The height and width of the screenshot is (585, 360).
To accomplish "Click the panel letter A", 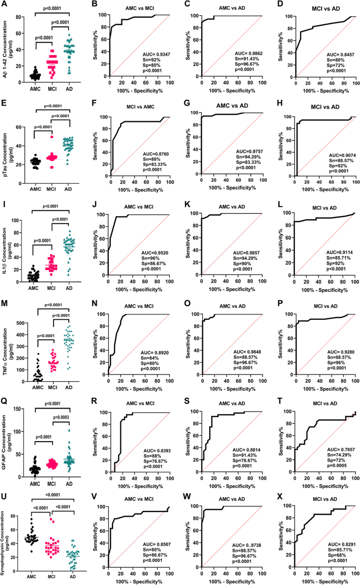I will pos(4,5).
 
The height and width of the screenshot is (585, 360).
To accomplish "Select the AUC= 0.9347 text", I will pos(157,54).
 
